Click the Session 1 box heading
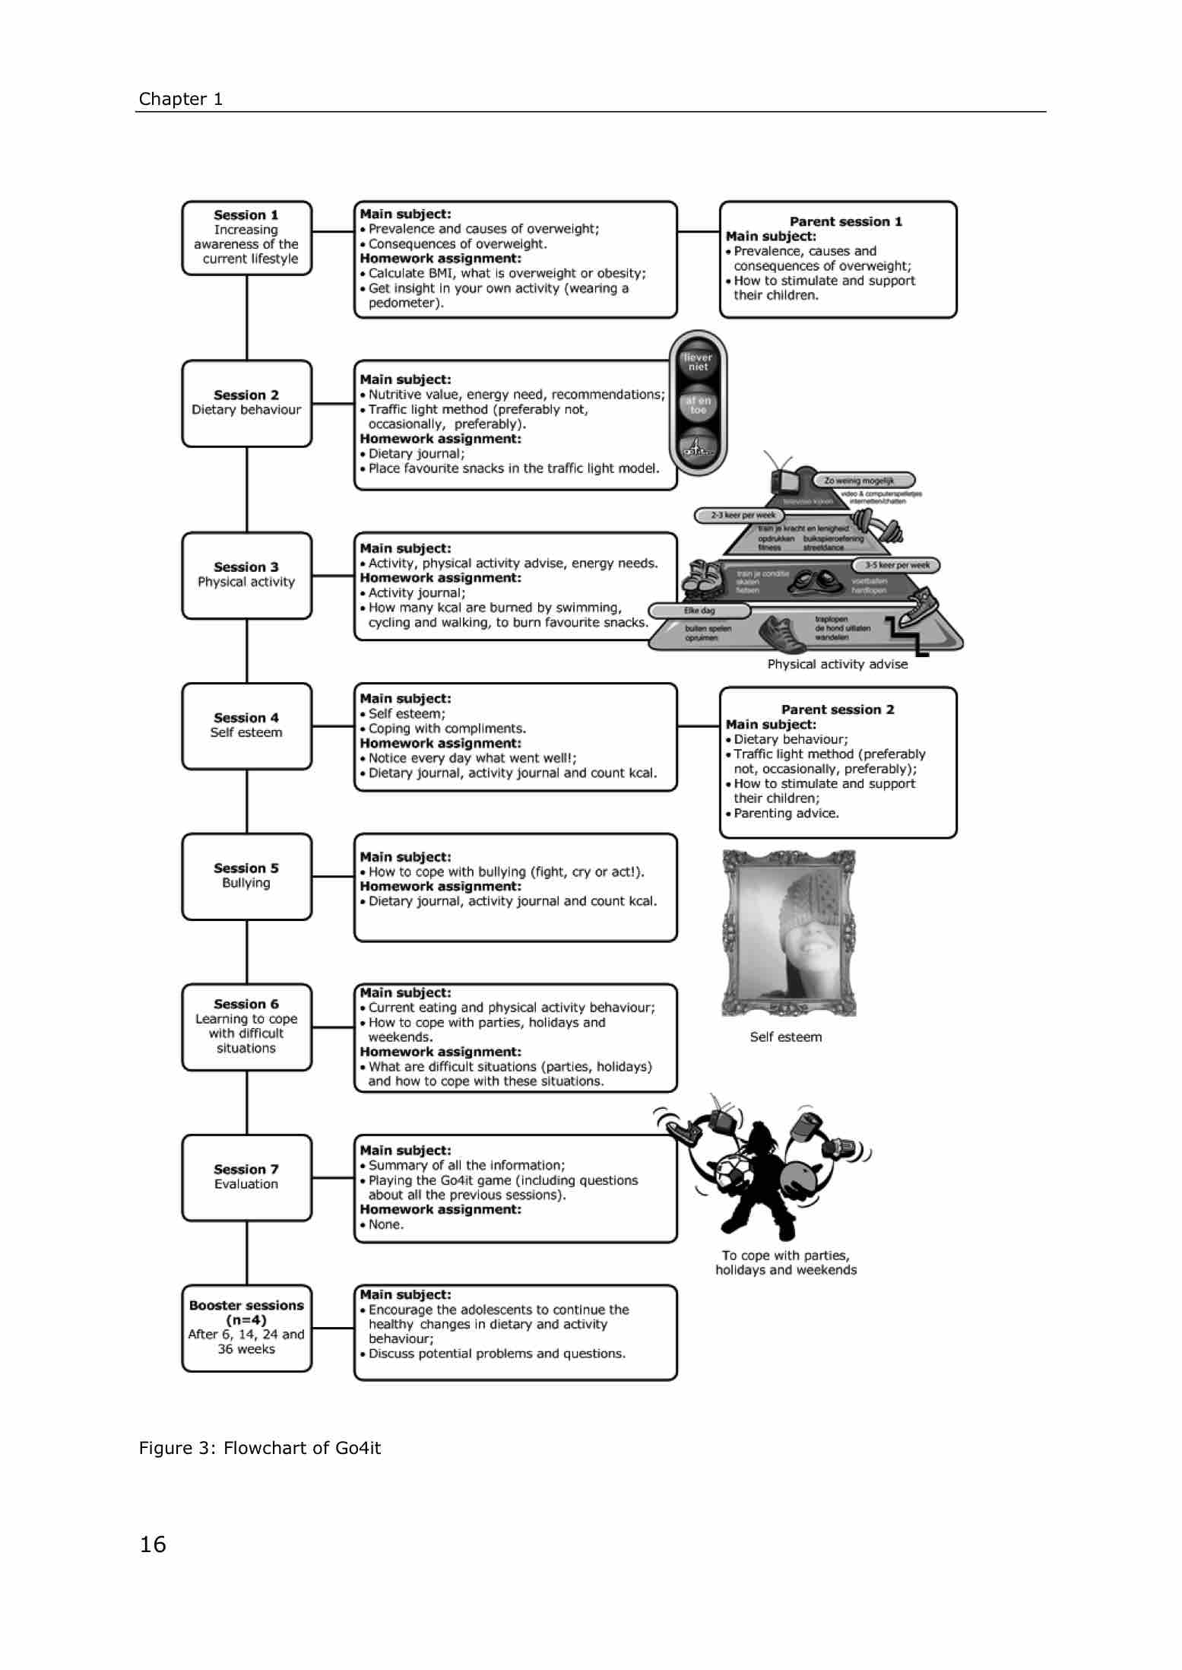pyautogui.click(x=246, y=215)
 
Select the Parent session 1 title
pyautogui.click(x=845, y=221)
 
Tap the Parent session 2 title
pyautogui.click(x=838, y=710)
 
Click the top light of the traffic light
pyautogui.click(x=698, y=362)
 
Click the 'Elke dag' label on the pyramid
pyautogui.click(x=699, y=611)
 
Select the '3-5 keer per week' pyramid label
pyautogui.click(x=897, y=566)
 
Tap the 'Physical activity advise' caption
pyautogui.click(x=837, y=664)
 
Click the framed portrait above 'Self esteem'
pyautogui.click(x=789, y=933)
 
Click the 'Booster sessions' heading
pyautogui.click(x=246, y=1305)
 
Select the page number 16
pyautogui.click(x=153, y=1545)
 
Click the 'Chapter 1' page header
pyautogui.click(x=181, y=99)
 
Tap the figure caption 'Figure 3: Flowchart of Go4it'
pyautogui.click(x=260, y=1448)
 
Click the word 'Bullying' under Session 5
pyautogui.click(x=246, y=883)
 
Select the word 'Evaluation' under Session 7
pyautogui.click(x=246, y=1184)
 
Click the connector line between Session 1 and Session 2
pyautogui.click(x=247, y=317)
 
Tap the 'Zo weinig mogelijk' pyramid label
pyautogui.click(x=864, y=481)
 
